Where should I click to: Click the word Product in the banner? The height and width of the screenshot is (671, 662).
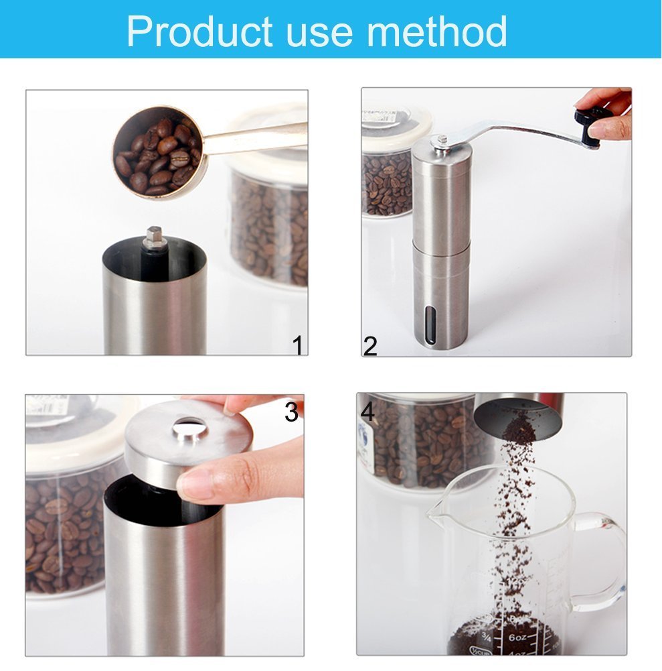(x=199, y=31)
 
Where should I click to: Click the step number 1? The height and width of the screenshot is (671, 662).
(x=298, y=345)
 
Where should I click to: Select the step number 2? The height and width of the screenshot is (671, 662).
(x=370, y=346)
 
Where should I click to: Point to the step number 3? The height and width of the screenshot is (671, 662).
(x=291, y=412)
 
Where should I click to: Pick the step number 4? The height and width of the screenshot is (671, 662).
(x=368, y=412)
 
